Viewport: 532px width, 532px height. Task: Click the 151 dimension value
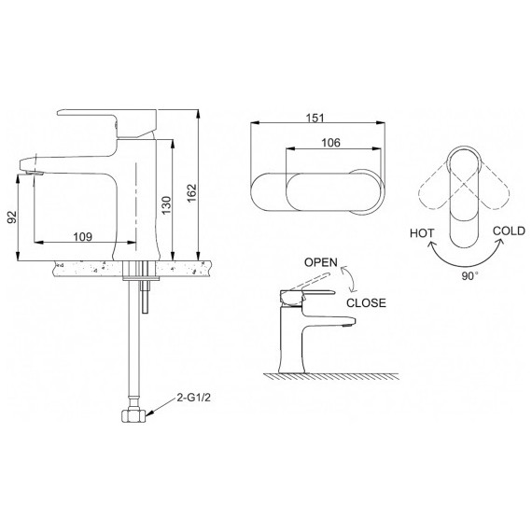(x=315, y=119)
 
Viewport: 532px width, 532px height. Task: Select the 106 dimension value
(x=330, y=143)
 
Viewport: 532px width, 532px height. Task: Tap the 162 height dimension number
(x=192, y=192)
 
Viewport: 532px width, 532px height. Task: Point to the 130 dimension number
(x=166, y=205)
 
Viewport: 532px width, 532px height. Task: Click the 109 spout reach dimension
(x=83, y=236)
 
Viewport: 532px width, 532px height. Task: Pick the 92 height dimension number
(x=12, y=217)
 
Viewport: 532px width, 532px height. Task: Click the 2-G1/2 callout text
(x=194, y=398)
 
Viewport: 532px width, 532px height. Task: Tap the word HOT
(x=422, y=233)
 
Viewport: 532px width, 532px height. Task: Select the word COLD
(x=509, y=231)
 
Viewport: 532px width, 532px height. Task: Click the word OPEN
(x=321, y=262)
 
